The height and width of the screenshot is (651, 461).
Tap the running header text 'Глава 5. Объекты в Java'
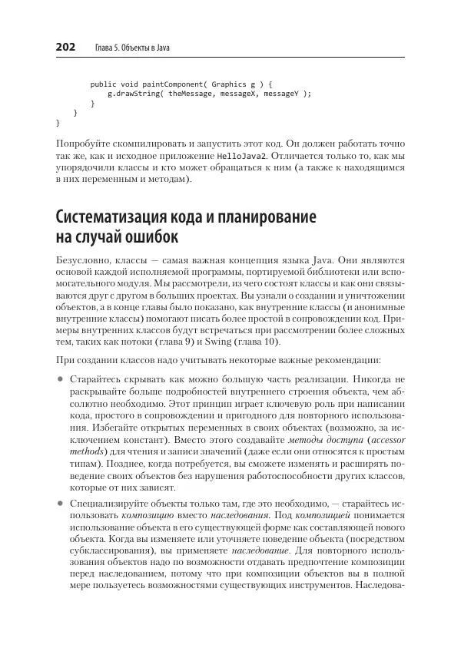(x=132, y=48)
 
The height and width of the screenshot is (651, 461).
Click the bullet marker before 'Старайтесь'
(x=60, y=379)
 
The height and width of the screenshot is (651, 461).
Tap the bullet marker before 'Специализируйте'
(x=60, y=502)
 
